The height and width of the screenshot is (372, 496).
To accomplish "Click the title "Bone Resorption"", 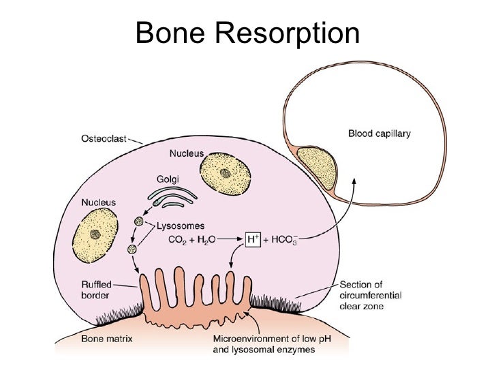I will click(x=247, y=33).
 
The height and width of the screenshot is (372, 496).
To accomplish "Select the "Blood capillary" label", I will click(x=379, y=134).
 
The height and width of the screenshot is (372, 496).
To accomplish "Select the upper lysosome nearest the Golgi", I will click(x=139, y=221).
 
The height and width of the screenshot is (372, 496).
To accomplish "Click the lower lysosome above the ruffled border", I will click(x=131, y=249).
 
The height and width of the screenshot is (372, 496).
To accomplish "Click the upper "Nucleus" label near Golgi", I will click(x=187, y=154).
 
